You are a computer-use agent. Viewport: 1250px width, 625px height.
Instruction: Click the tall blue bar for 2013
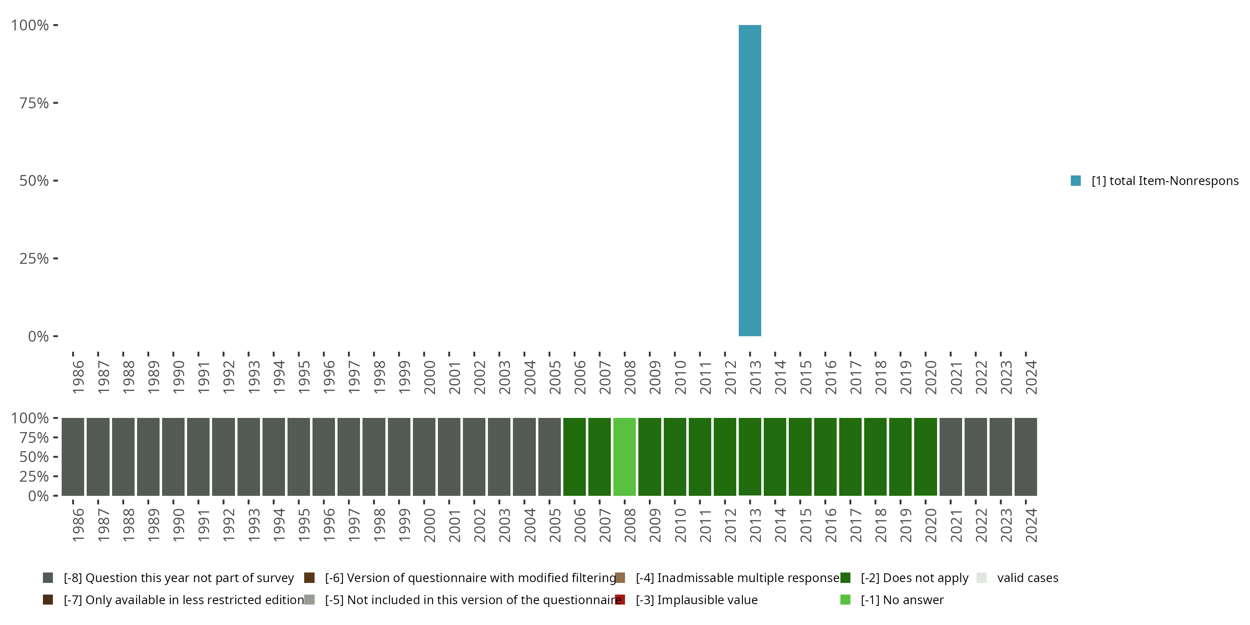(750, 180)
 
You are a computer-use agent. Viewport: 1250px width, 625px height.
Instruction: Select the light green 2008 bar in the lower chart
(625, 457)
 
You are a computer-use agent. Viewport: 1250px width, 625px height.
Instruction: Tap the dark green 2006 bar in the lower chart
(574, 457)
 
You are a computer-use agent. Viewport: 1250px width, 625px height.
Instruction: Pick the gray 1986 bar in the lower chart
(73, 457)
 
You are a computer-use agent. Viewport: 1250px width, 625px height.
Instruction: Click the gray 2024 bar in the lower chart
(1025, 457)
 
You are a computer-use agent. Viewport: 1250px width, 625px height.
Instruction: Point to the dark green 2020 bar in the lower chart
(925, 457)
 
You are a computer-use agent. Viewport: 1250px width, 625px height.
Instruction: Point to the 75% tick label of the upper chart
(34, 103)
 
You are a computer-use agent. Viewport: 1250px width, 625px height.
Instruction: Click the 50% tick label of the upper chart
(34, 181)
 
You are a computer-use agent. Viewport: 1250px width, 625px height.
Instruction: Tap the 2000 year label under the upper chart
(430, 377)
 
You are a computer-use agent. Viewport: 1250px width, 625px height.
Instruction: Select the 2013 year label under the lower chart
(755, 525)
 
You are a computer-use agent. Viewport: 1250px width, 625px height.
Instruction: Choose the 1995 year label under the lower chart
(304, 525)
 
